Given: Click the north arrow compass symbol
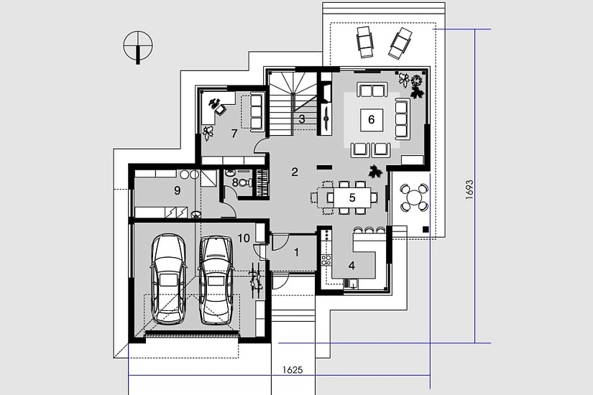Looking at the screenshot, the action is click(x=138, y=47).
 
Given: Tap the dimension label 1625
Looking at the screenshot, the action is click(x=293, y=370).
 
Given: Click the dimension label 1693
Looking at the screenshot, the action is click(x=469, y=190).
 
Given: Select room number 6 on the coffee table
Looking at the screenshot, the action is click(x=372, y=120).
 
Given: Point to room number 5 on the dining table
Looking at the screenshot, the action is click(x=352, y=197).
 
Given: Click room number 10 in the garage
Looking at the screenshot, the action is click(x=244, y=238).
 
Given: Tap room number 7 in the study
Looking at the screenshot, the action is click(x=234, y=134).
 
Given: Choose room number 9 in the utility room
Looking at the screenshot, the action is click(x=178, y=190).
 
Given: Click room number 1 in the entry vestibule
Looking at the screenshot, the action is click(x=296, y=252).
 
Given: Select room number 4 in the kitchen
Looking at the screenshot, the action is click(x=351, y=266).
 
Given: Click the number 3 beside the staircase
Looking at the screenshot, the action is click(x=302, y=119).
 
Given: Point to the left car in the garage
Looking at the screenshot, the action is click(x=168, y=279).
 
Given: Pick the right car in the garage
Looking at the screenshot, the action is click(x=216, y=281).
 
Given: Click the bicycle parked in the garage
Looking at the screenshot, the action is click(x=256, y=279).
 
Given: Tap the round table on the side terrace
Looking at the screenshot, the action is click(x=414, y=197).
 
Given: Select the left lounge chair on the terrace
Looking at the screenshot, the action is click(x=364, y=42).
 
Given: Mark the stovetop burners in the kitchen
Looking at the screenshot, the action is click(x=326, y=259).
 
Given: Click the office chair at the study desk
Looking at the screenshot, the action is click(x=219, y=109).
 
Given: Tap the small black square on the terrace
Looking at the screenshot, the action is click(x=426, y=228).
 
